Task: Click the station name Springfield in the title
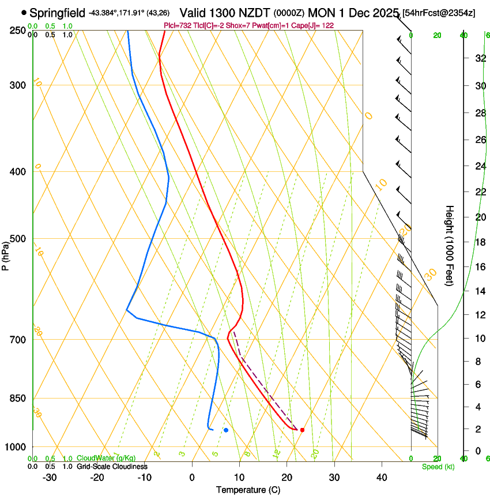[x=57, y=13]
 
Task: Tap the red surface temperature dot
[x=302, y=430]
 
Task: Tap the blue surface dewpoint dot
[x=226, y=430]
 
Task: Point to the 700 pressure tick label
[x=18, y=340]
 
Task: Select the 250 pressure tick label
[x=18, y=31]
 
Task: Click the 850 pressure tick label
[x=18, y=399]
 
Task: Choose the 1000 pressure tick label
[x=16, y=447]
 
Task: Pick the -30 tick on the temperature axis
[x=50, y=478]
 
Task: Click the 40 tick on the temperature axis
[x=382, y=478]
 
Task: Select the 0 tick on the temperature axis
[x=192, y=478]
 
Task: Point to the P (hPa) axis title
[x=6, y=253]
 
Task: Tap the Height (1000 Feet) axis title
[x=450, y=245]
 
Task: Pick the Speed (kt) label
[x=438, y=467]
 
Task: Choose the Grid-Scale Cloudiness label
[x=112, y=466]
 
